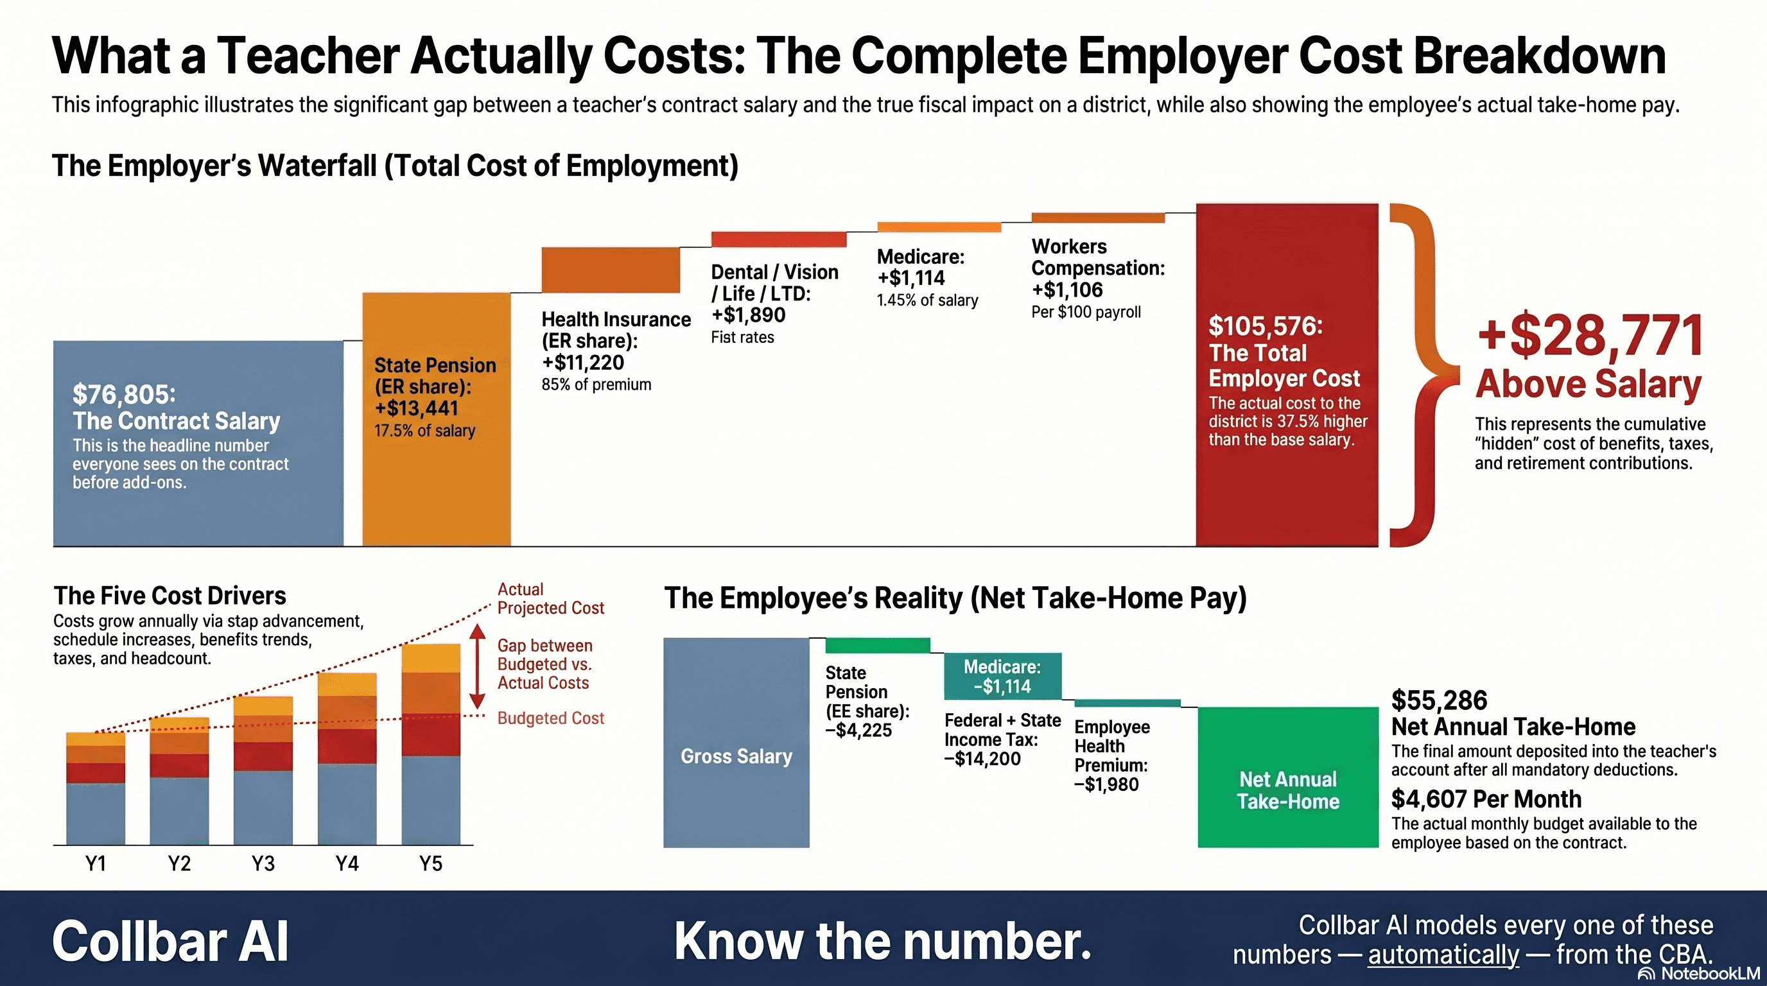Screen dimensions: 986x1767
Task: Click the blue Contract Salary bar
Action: pyautogui.click(x=198, y=443)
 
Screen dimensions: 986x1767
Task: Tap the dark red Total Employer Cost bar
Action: pyautogui.click(x=1287, y=494)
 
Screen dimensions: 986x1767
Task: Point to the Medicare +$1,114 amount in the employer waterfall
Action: pyautogui.click(x=911, y=279)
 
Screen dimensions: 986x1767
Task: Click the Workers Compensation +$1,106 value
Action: pyautogui.click(x=1067, y=290)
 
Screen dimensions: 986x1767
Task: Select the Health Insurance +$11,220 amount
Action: pyautogui.click(x=583, y=363)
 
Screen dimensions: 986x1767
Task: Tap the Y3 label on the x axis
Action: pyautogui.click(x=263, y=863)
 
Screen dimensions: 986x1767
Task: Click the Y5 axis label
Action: pyautogui.click(x=431, y=863)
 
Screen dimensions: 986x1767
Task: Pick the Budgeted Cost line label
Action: pyautogui.click(x=551, y=718)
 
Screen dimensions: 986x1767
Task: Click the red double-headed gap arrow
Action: pyautogui.click(x=478, y=666)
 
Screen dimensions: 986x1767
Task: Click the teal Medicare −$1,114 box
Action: pyautogui.click(x=1002, y=676)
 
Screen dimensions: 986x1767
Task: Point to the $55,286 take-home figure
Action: pyautogui.click(x=1439, y=701)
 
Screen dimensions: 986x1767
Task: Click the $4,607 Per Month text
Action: pyautogui.click(x=1486, y=799)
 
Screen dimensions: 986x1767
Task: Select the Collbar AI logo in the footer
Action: pyautogui.click(x=170, y=942)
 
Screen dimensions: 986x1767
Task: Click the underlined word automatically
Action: pyautogui.click(x=1443, y=955)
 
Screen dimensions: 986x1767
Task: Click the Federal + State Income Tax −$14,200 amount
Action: pyautogui.click(x=982, y=759)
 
